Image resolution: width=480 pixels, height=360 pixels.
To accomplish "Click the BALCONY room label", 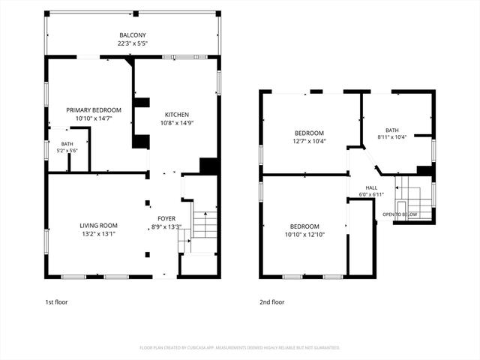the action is click(133, 35).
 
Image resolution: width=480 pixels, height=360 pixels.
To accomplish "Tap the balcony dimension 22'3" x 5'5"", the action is click(133, 43).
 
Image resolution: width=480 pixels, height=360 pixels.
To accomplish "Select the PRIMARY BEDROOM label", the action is click(94, 110).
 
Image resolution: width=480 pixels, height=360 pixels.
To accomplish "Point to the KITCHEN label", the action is click(177, 115).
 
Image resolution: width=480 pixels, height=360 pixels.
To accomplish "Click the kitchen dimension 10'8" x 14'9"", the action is click(177, 123).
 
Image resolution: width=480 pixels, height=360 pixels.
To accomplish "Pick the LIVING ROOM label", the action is click(98, 226).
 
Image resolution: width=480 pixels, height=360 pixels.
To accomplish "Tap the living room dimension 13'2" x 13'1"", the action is click(98, 234).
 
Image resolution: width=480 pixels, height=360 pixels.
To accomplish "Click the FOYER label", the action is click(166, 218).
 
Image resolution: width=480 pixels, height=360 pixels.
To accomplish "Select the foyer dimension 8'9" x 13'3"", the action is click(166, 226).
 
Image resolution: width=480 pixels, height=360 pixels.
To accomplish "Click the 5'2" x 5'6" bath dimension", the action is click(67, 151).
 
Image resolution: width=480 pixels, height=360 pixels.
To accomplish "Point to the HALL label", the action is click(371, 188).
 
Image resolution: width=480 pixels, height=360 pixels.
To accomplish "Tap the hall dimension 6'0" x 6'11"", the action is click(371, 194).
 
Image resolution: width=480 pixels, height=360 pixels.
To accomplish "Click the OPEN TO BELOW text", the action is click(400, 214).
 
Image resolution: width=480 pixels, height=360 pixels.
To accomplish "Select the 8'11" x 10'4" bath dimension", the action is click(392, 137).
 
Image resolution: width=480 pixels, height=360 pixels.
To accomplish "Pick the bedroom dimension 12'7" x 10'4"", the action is click(309, 142).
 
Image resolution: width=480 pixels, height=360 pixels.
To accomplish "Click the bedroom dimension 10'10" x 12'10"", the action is click(304, 235).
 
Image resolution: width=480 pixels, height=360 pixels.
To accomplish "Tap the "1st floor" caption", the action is click(56, 302).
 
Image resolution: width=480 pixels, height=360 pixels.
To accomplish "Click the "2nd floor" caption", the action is click(271, 302).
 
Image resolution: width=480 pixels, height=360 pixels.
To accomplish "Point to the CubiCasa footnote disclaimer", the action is click(240, 348).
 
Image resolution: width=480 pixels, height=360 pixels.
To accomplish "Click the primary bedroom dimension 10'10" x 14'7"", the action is click(94, 118).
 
